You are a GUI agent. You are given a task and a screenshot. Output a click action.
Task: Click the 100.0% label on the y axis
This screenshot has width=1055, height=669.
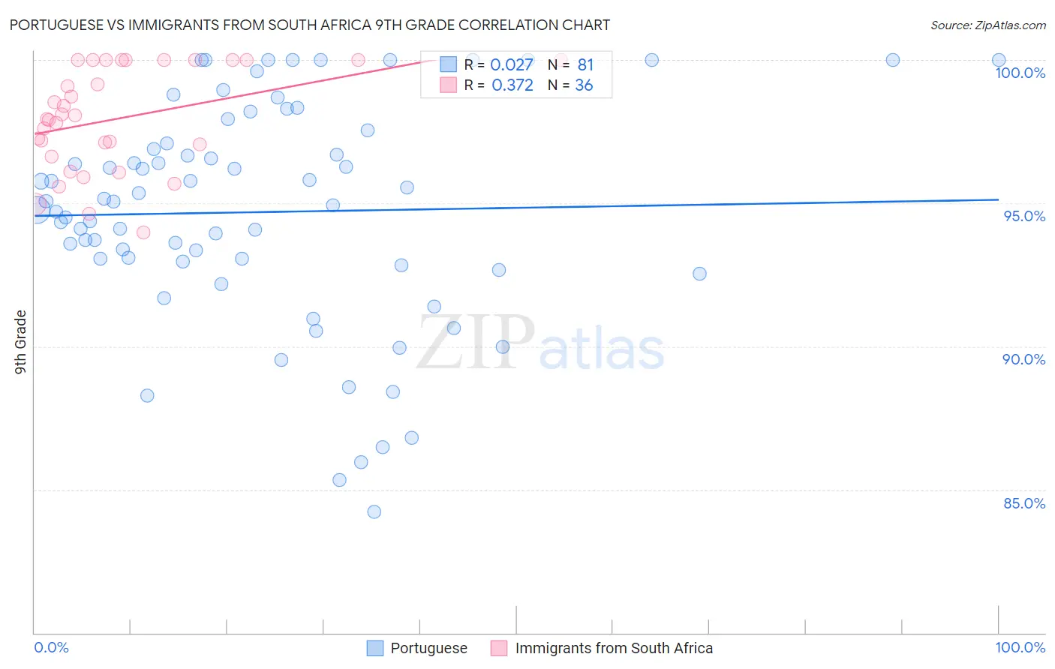[x=1020, y=73]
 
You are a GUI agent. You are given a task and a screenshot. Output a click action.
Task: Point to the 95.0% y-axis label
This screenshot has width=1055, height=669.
[x=1024, y=216]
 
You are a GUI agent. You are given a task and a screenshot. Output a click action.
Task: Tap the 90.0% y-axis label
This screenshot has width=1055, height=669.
[x=1023, y=359]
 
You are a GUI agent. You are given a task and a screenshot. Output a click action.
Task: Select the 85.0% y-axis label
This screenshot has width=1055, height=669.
[x=1024, y=503]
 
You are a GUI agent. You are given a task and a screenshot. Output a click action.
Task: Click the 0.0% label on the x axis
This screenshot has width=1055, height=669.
[x=51, y=647]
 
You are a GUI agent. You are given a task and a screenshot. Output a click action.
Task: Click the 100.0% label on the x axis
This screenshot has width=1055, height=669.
[x=1020, y=647]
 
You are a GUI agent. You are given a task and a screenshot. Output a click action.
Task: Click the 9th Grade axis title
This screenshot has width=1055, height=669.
[x=20, y=341]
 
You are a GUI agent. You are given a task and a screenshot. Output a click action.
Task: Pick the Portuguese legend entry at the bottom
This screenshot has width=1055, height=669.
[x=428, y=648]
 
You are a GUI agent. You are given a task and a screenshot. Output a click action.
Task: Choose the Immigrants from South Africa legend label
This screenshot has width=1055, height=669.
[x=614, y=648]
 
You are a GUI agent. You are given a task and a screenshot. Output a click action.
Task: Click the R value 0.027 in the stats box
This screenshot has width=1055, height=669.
[x=512, y=65]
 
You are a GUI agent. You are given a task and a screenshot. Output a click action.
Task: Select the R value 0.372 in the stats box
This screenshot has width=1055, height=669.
[x=512, y=85]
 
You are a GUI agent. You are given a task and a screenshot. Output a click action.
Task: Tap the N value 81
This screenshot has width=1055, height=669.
[x=585, y=65]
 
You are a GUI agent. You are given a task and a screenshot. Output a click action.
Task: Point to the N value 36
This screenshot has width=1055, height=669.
[x=584, y=85]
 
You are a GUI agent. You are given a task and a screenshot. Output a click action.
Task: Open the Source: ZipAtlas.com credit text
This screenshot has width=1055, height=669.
[x=987, y=25]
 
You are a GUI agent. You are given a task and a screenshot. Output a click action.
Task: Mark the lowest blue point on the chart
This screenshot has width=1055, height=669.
[x=374, y=511]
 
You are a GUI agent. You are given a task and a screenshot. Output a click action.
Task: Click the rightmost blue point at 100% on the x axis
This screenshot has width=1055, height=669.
[x=999, y=60]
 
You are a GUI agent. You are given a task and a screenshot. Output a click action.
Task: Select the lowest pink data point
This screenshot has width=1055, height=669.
[x=143, y=232]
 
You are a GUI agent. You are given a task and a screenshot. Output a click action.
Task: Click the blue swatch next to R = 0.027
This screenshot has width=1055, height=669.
[x=448, y=64]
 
